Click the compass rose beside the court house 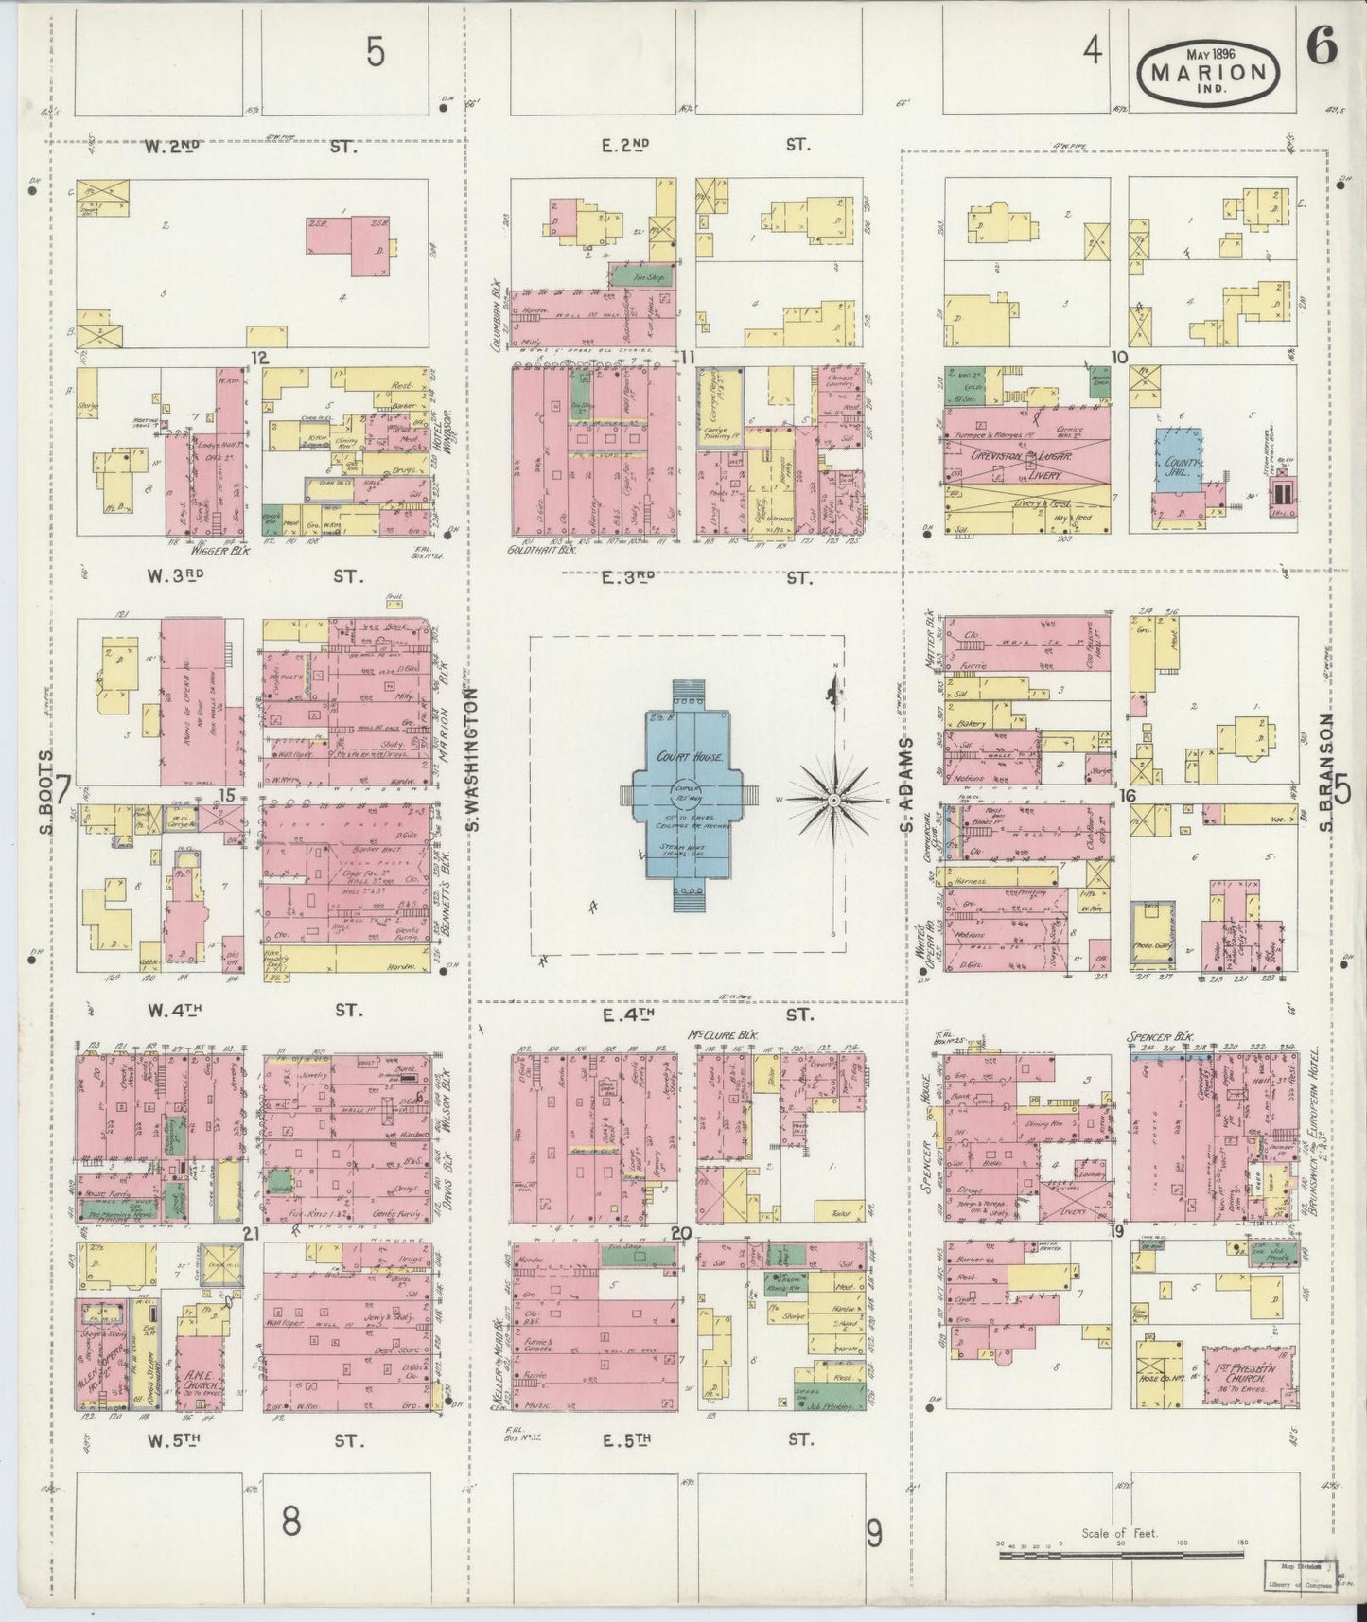click(834, 801)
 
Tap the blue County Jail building click(1176, 459)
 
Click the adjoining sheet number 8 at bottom click(290, 1522)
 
